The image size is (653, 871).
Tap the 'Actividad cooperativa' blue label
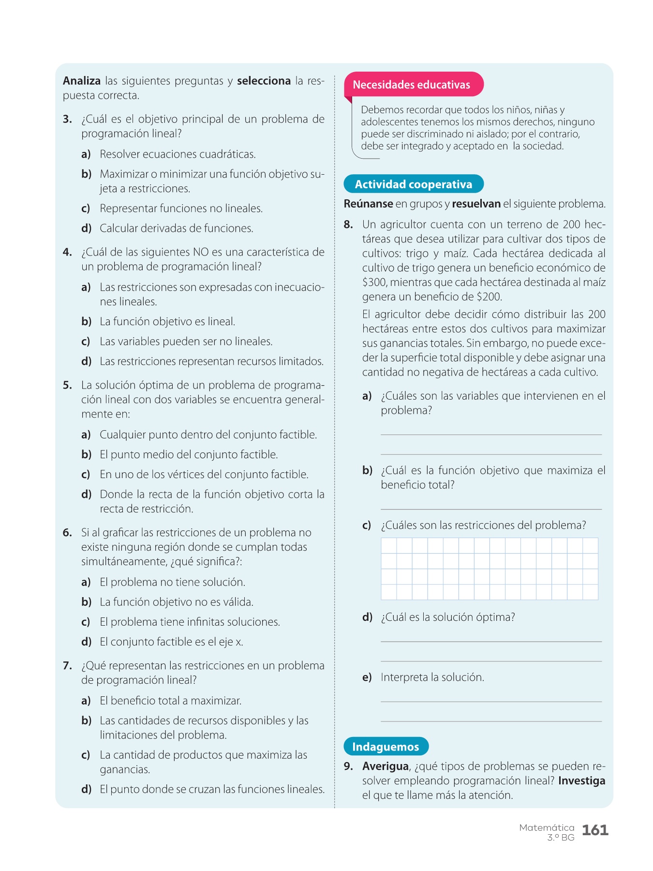pyautogui.click(x=413, y=184)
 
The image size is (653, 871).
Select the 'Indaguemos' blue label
pyautogui.click(x=386, y=747)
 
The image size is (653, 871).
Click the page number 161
pyautogui.click(x=595, y=830)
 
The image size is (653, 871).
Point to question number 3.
pyautogui.click(x=67, y=120)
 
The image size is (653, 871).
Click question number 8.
pyautogui.click(x=348, y=225)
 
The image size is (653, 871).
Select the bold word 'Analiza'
pyautogui.click(x=82, y=81)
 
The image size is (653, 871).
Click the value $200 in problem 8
pyautogui.click(x=489, y=297)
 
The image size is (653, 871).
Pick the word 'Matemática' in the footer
pyautogui.click(x=547, y=828)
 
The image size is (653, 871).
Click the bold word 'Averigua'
pyautogui.click(x=386, y=766)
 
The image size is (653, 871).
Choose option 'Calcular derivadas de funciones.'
pyautogui.click(x=177, y=228)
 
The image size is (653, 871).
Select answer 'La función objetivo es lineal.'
pyautogui.click(x=167, y=322)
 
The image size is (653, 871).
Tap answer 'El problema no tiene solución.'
pyautogui.click(x=173, y=582)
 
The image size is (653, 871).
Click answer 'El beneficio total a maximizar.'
pyautogui.click(x=171, y=701)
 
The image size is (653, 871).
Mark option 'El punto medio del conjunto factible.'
pyautogui.click(x=189, y=455)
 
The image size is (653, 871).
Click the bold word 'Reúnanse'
pyautogui.click(x=368, y=204)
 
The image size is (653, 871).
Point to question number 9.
pyautogui.click(x=348, y=766)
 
